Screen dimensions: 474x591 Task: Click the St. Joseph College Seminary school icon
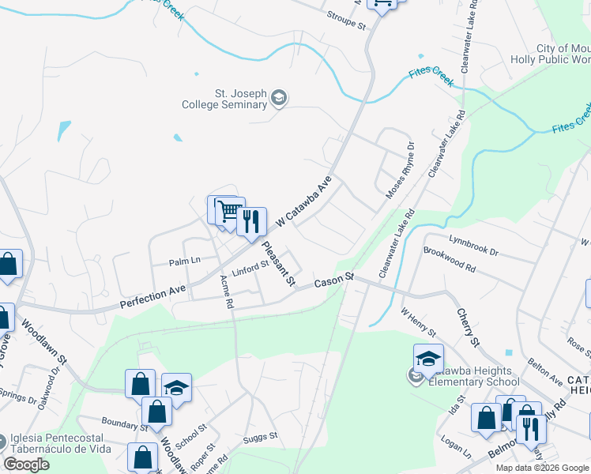tap(278, 99)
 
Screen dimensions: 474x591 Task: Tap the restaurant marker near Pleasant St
tap(251, 221)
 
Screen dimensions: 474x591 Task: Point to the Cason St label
tap(333, 282)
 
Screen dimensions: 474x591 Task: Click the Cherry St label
tap(468, 326)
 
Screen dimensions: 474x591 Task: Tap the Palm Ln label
tap(185, 260)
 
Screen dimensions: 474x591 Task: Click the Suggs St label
tap(261, 436)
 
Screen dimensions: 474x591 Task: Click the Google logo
tap(27, 465)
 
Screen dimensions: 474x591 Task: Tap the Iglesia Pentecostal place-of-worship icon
tap(2, 439)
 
